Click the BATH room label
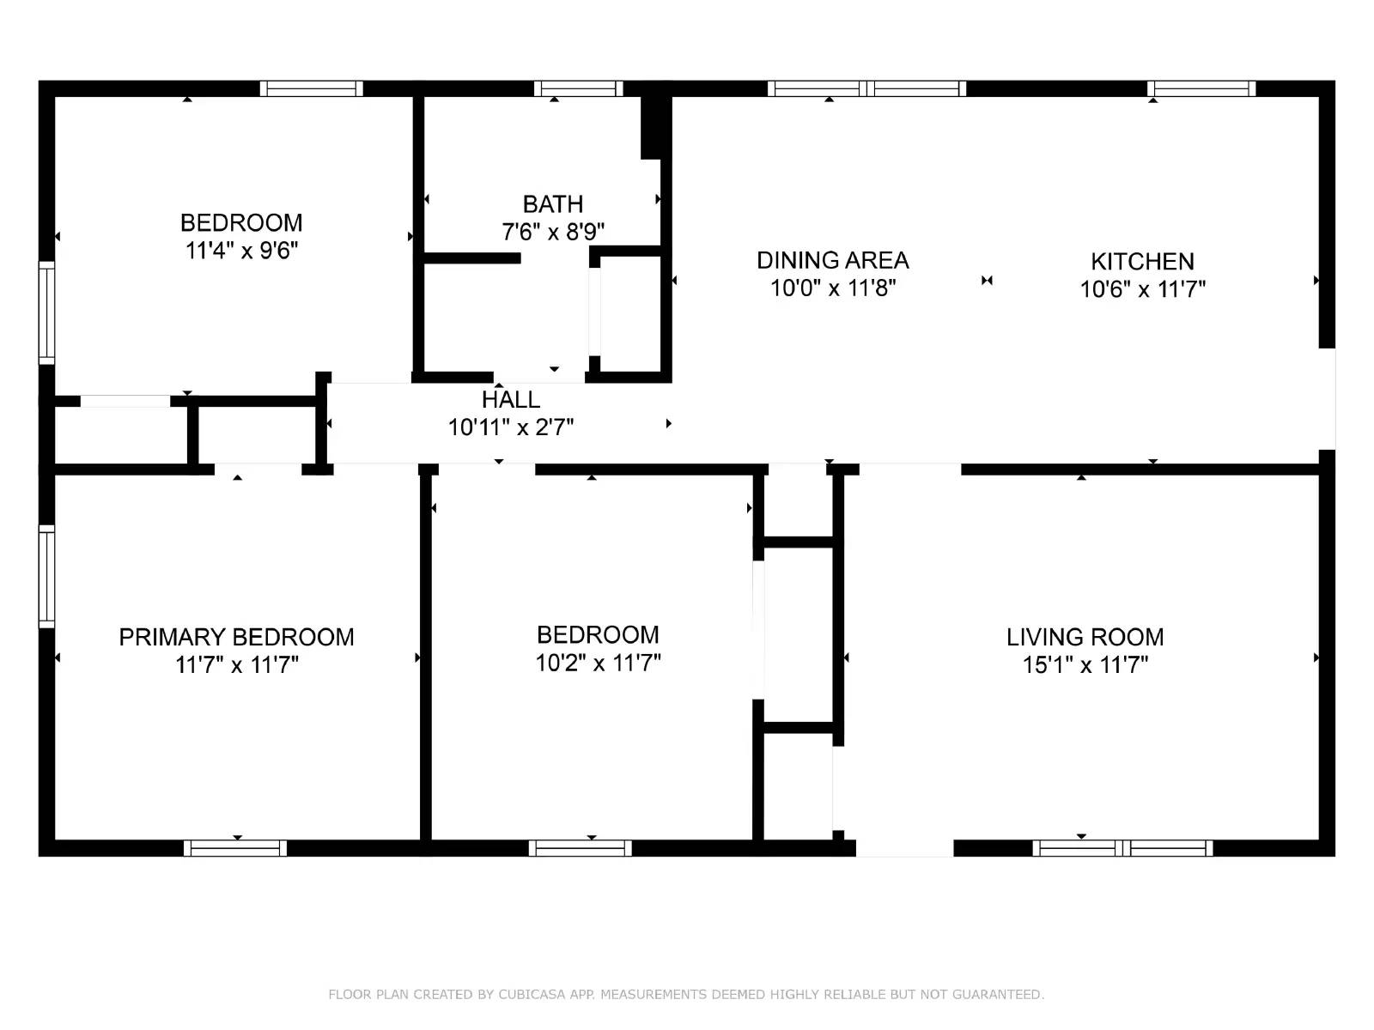pyautogui.click(x=553, y=204)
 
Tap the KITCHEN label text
pyautogui.click(x=1142, y=262)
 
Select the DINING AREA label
pyautogui.click(x=832, y=260)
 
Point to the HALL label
pyautogui.click(x=511, y=400)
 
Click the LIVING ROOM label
pyautogui.click(x=1085, y=637)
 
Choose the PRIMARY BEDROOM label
pyautogui.click(x=237, y=637)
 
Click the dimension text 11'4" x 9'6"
pyautogui.click(x=241, y=251)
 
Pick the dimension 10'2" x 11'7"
pyautogui.click(x=598, y=663)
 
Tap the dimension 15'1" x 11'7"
pyautogui.click(x=1085, y=664)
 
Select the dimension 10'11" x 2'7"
pyautogui.click(x=511, y=427)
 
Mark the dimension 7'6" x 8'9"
pyautogui.click(x=553, y=233)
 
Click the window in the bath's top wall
pyautogui.click(x=579, y=88)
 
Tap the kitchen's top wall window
pyautogui.click(x=1201, y=88)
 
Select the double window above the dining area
pyautogui.click(x=867, y=88)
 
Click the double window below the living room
pyautogui.click(x=1122, y=848)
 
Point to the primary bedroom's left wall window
pyautogui.click(x=47, y=576)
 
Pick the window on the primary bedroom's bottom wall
pyautogui.click(x=235, y=848)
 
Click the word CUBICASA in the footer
pyautogui.click(x=532, y=994)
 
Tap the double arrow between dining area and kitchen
pyautogui.click(x=988, y=281)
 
